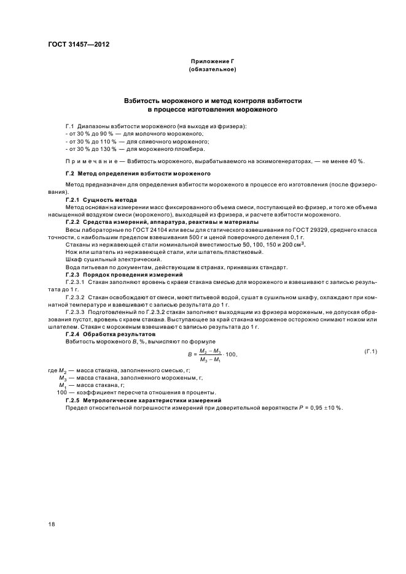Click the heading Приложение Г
pos(213,62)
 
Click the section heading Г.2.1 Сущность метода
pos(101,201)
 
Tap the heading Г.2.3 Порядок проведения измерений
pos(114,274)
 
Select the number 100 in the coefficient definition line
pos(61,392)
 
